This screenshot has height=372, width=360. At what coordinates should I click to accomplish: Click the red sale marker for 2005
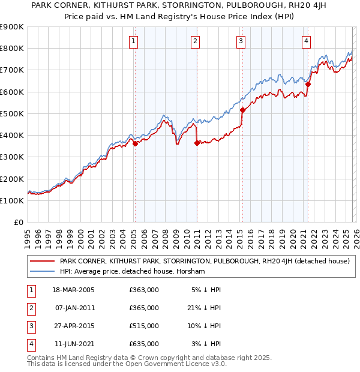[x=135, y=143]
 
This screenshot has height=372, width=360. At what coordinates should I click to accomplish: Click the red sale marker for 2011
[x=197, y=143]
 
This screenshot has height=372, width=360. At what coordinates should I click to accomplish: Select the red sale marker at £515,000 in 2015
[x=242, y=110]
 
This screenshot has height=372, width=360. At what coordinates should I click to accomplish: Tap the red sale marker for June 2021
[x=308, y=85]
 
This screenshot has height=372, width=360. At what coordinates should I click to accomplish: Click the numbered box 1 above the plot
[x=133, y=41]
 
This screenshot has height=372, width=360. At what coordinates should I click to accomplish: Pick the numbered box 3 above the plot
[x=241, y=41]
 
